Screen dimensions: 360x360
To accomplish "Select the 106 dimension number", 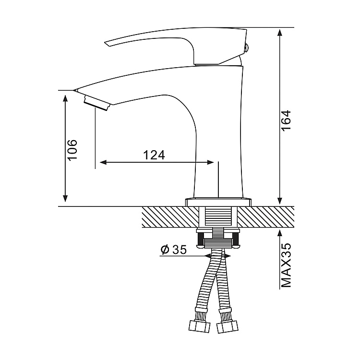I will (x=72, y=150).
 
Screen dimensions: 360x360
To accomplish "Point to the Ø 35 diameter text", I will (x=173, y=250).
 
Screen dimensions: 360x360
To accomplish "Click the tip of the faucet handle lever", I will (x=107, y=44).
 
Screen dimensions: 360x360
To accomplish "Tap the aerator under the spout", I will (x=97, y=102).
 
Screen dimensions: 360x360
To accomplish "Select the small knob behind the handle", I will (x=247, y=47).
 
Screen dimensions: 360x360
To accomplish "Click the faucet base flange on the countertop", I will (x=218, y=201).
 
